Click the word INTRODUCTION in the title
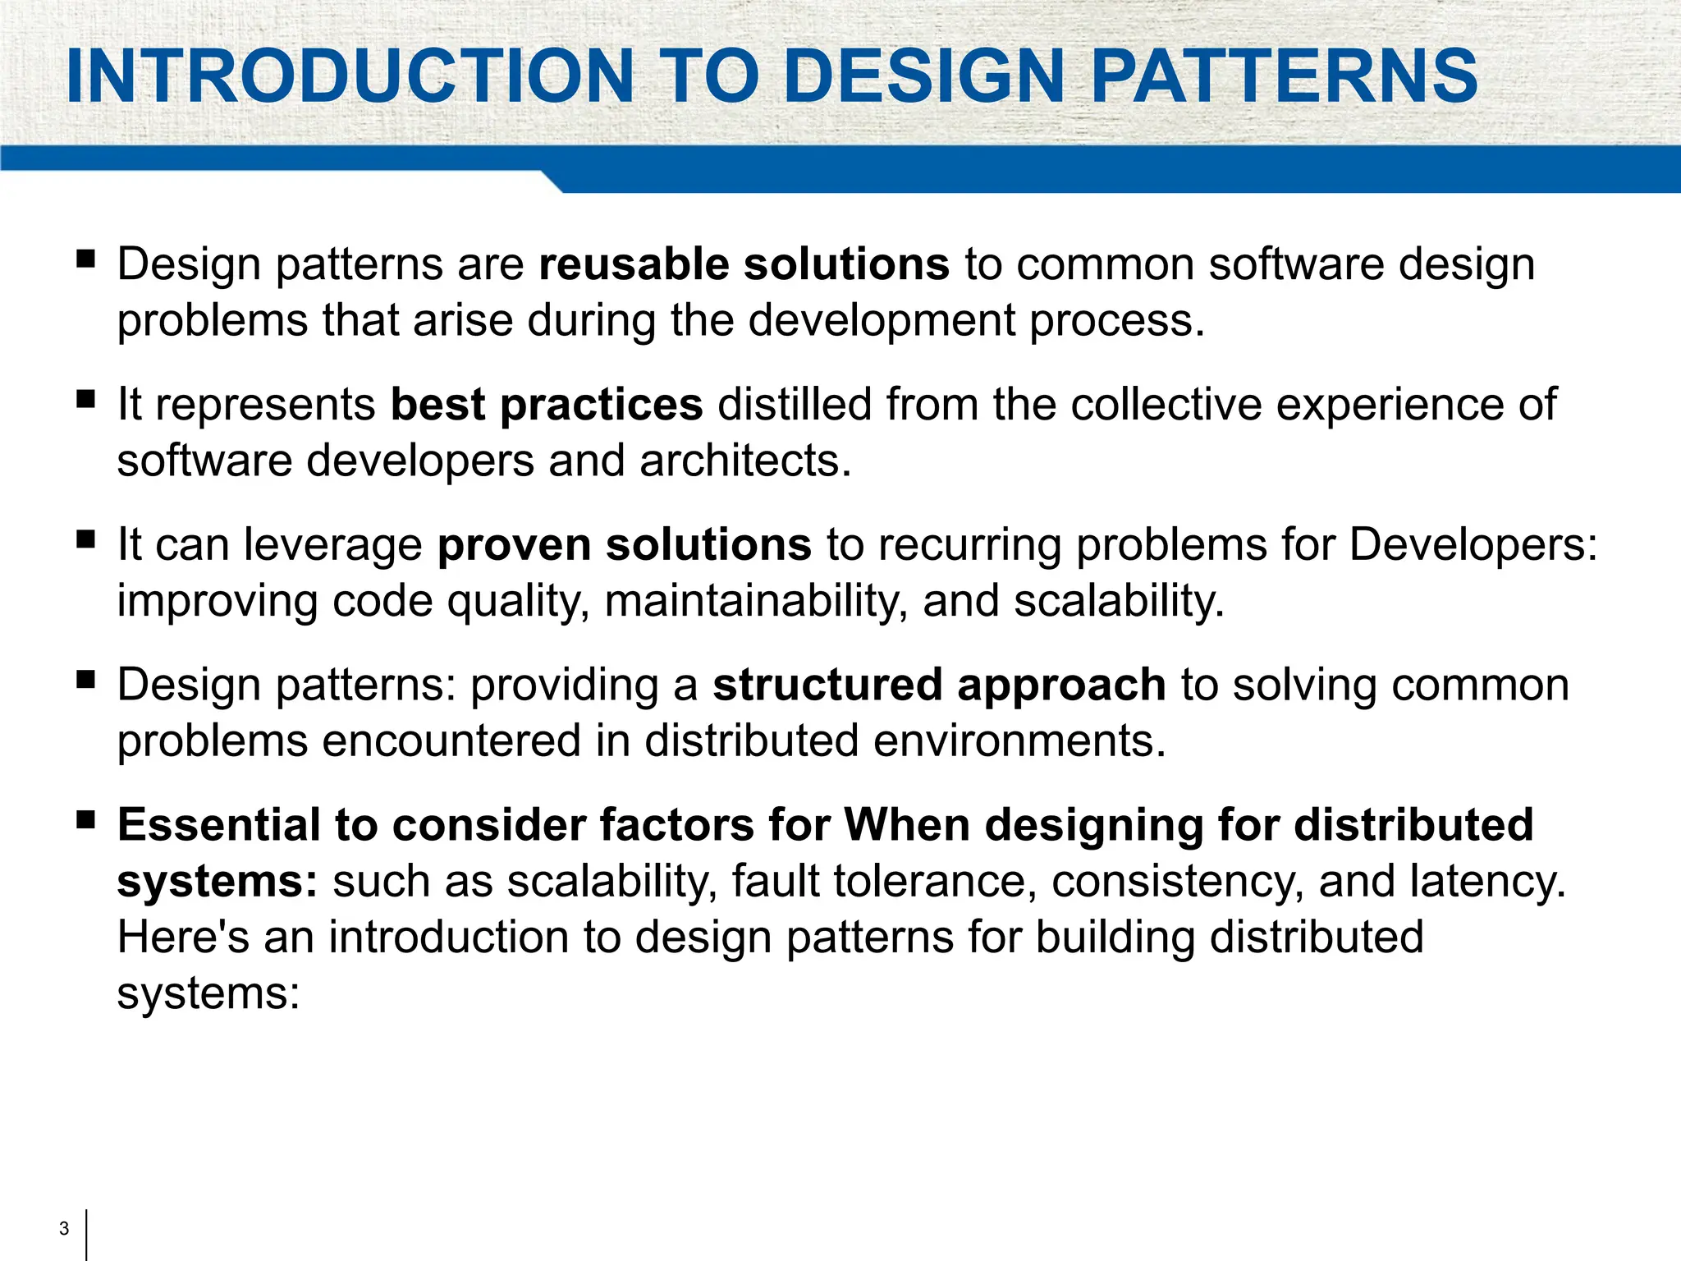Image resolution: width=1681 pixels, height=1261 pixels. click(350, 76)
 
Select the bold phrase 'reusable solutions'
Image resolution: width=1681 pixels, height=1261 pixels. click(744, 264)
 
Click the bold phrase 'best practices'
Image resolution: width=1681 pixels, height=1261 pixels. click(547, 405)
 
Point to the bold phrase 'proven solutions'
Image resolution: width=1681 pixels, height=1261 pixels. click(625, 545)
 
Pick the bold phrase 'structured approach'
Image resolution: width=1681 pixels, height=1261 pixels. click(939, 685)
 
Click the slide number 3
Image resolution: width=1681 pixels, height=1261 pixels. click(64, 1229)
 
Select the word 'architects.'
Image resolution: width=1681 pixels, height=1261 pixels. click(745, 461)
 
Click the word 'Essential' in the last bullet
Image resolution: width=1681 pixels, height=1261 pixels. click(218, 825)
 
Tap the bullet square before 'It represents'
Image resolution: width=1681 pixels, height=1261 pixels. click(85, 400)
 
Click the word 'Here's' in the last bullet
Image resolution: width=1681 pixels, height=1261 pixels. click(183, 938)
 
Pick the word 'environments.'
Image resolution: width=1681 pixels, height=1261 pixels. click(1019, 741)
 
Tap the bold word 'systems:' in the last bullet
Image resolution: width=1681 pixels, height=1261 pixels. click(217, 882)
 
